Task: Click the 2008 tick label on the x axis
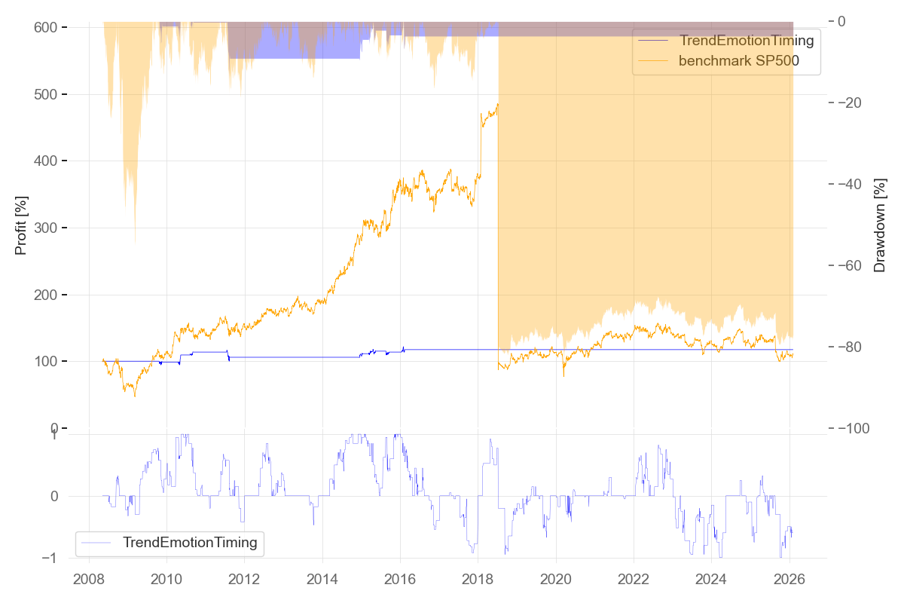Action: click(x=89, y=581)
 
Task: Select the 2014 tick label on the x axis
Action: click(x=322, y=581)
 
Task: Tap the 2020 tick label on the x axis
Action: click(x=555, y=581)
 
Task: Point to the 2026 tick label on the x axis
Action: click(x=788, y=581)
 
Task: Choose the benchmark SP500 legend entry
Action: click(x=738, y=61)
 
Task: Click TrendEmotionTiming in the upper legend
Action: click(x=746, y=41)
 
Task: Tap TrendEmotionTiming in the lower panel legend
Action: click(x=190, y=541)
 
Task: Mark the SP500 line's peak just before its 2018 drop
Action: click(x=497, y=104)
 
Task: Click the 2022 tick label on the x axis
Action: click(x=633, y=581)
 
